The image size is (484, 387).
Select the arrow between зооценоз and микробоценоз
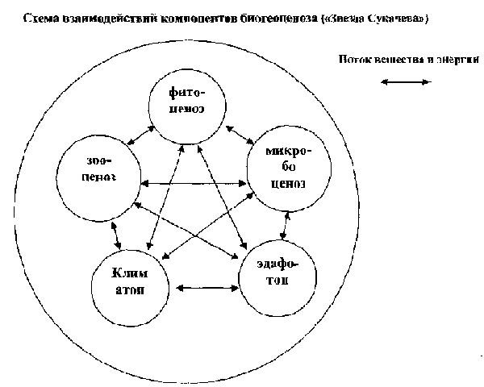(x=192, y=185)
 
